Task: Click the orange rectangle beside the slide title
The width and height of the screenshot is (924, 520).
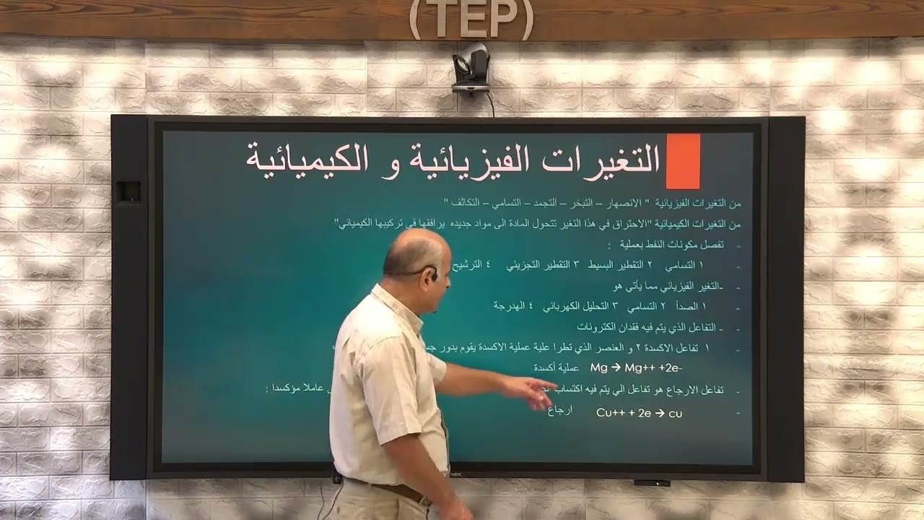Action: (x=682, y=161)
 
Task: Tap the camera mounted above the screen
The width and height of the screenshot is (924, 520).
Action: (x=471, y=68)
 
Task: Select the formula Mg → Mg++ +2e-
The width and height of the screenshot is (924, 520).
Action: (x=636, y=368)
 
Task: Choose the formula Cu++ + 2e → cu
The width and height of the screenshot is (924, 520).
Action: (x=639, y=413)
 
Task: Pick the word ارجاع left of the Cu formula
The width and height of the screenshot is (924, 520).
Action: (x=560, y=412)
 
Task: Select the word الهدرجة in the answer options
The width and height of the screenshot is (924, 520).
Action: (x=510, y=306)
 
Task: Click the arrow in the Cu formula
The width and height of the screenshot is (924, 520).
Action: (x=658, y=413)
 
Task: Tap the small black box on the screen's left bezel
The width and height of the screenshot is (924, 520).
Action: (x=128, y=191)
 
